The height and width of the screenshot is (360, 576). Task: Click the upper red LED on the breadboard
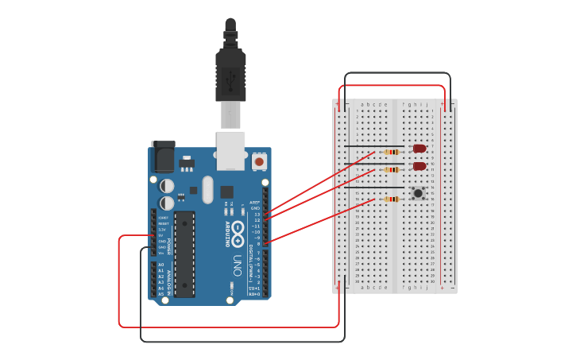[x=419, y=149]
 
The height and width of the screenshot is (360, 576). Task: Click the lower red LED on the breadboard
[x=419, y=166]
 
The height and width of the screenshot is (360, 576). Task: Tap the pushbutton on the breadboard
[x=418, y=192]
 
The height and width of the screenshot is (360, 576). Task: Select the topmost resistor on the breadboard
[x=391, y=152]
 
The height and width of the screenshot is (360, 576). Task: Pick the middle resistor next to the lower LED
[x=391, y=169]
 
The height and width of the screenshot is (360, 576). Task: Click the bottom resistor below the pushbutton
[x=391, y=199]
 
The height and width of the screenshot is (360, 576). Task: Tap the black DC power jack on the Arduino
[x=164, y=157]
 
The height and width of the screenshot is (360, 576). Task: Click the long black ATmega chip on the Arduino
[x=184, y=254]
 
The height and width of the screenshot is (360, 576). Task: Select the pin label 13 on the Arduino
[x=257, y=215]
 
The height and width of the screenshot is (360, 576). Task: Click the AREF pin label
[x=255, y=203]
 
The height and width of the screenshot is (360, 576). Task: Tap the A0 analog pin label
[x=161, y=265]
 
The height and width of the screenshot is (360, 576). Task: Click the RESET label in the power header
[x=163, y=223]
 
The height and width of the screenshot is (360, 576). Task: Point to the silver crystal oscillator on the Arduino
[x=207, y=189]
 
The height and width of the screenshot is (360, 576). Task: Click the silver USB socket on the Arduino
[x=231, y=150]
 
